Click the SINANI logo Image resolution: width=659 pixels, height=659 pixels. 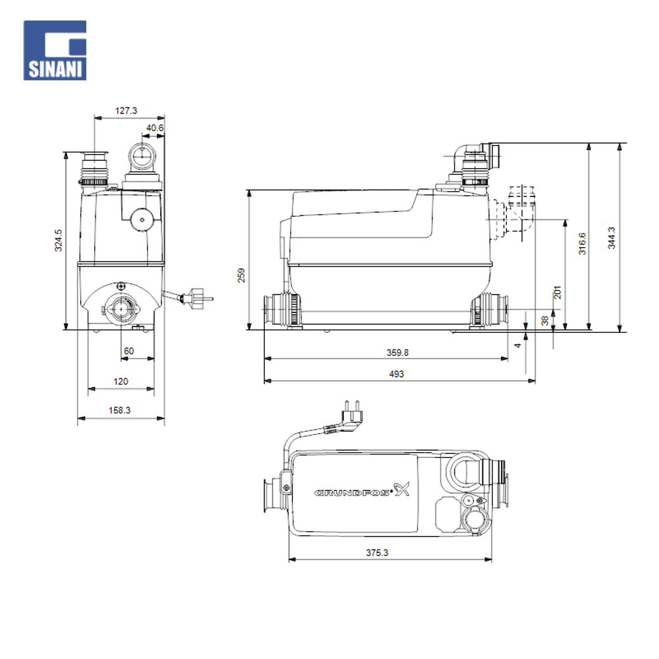pos(55,51)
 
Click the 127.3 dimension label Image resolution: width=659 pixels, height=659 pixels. pos(126,111)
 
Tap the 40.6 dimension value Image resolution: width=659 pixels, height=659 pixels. pos(155,128)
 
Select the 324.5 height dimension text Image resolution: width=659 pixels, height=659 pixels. pos(59,241)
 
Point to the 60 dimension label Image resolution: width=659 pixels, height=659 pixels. pos(129,351)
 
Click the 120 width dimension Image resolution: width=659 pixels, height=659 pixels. pos(121,382)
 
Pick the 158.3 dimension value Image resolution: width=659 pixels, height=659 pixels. pos(119,410)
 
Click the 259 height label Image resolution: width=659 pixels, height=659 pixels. pos(241,275)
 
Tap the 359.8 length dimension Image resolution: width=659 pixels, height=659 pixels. pos(397,353)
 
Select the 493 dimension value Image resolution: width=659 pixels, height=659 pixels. pos(396,374)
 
